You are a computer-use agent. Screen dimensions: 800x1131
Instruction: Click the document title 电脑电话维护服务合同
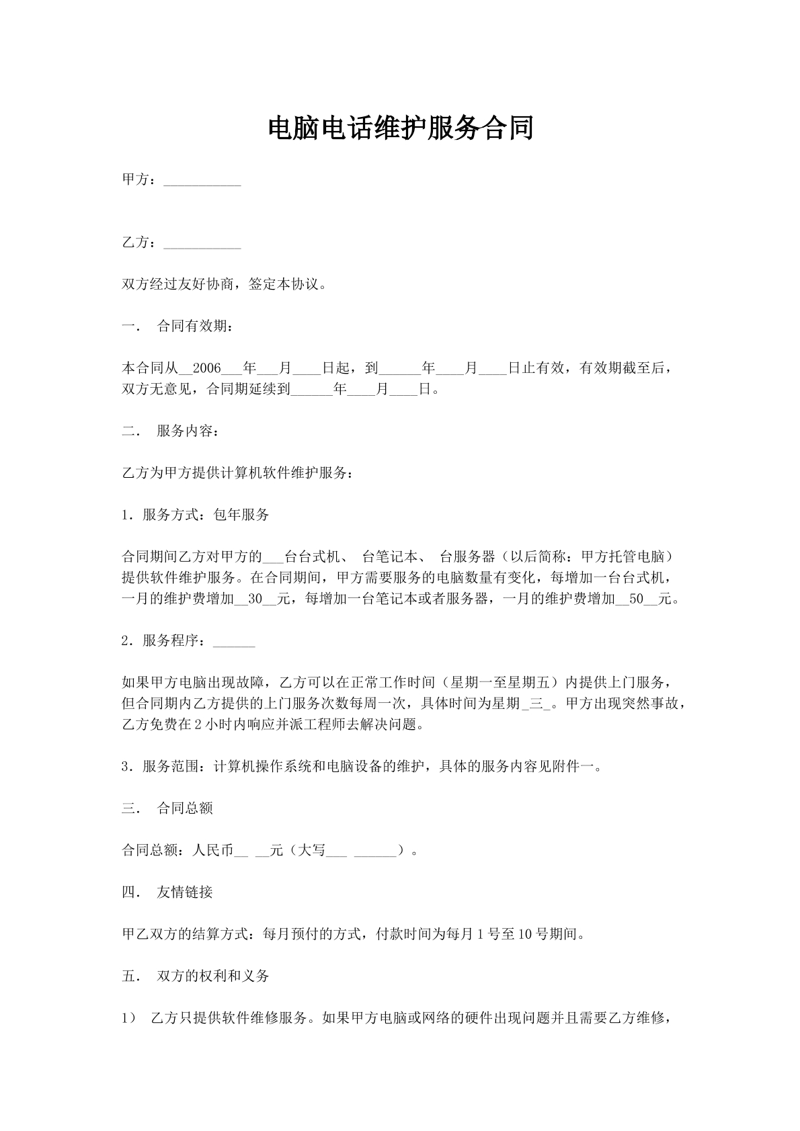tap(400, 128)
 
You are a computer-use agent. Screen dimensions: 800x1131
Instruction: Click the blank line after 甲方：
tap(202, 181)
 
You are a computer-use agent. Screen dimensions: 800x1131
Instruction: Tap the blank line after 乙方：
tap(202, 244)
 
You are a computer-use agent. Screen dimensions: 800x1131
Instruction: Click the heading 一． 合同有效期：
tap(178, 327)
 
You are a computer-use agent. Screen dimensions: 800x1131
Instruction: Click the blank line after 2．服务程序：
tap(234, 642)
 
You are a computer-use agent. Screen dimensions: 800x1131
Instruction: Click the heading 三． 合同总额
tap(167, 808)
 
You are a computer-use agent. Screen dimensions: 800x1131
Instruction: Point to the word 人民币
tap(212, 851)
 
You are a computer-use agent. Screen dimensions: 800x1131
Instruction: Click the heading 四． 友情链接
tap(167, 892)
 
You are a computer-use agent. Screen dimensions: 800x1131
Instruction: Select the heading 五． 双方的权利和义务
tap(196, 976)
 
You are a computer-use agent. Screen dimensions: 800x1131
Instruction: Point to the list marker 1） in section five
tap(128, 1018)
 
